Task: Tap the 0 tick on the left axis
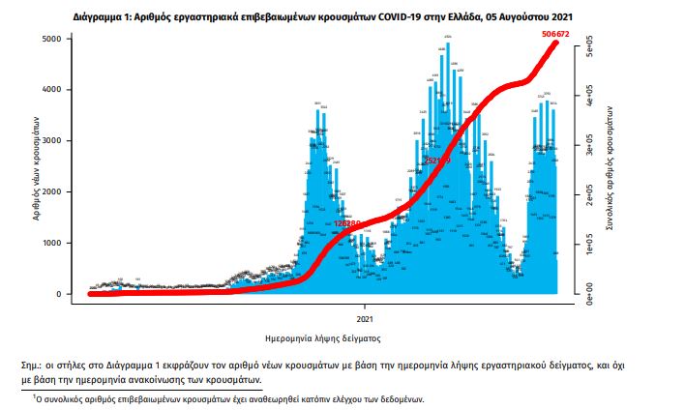click(x=65, y=294)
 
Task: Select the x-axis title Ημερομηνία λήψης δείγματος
click(x=323, y=339)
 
